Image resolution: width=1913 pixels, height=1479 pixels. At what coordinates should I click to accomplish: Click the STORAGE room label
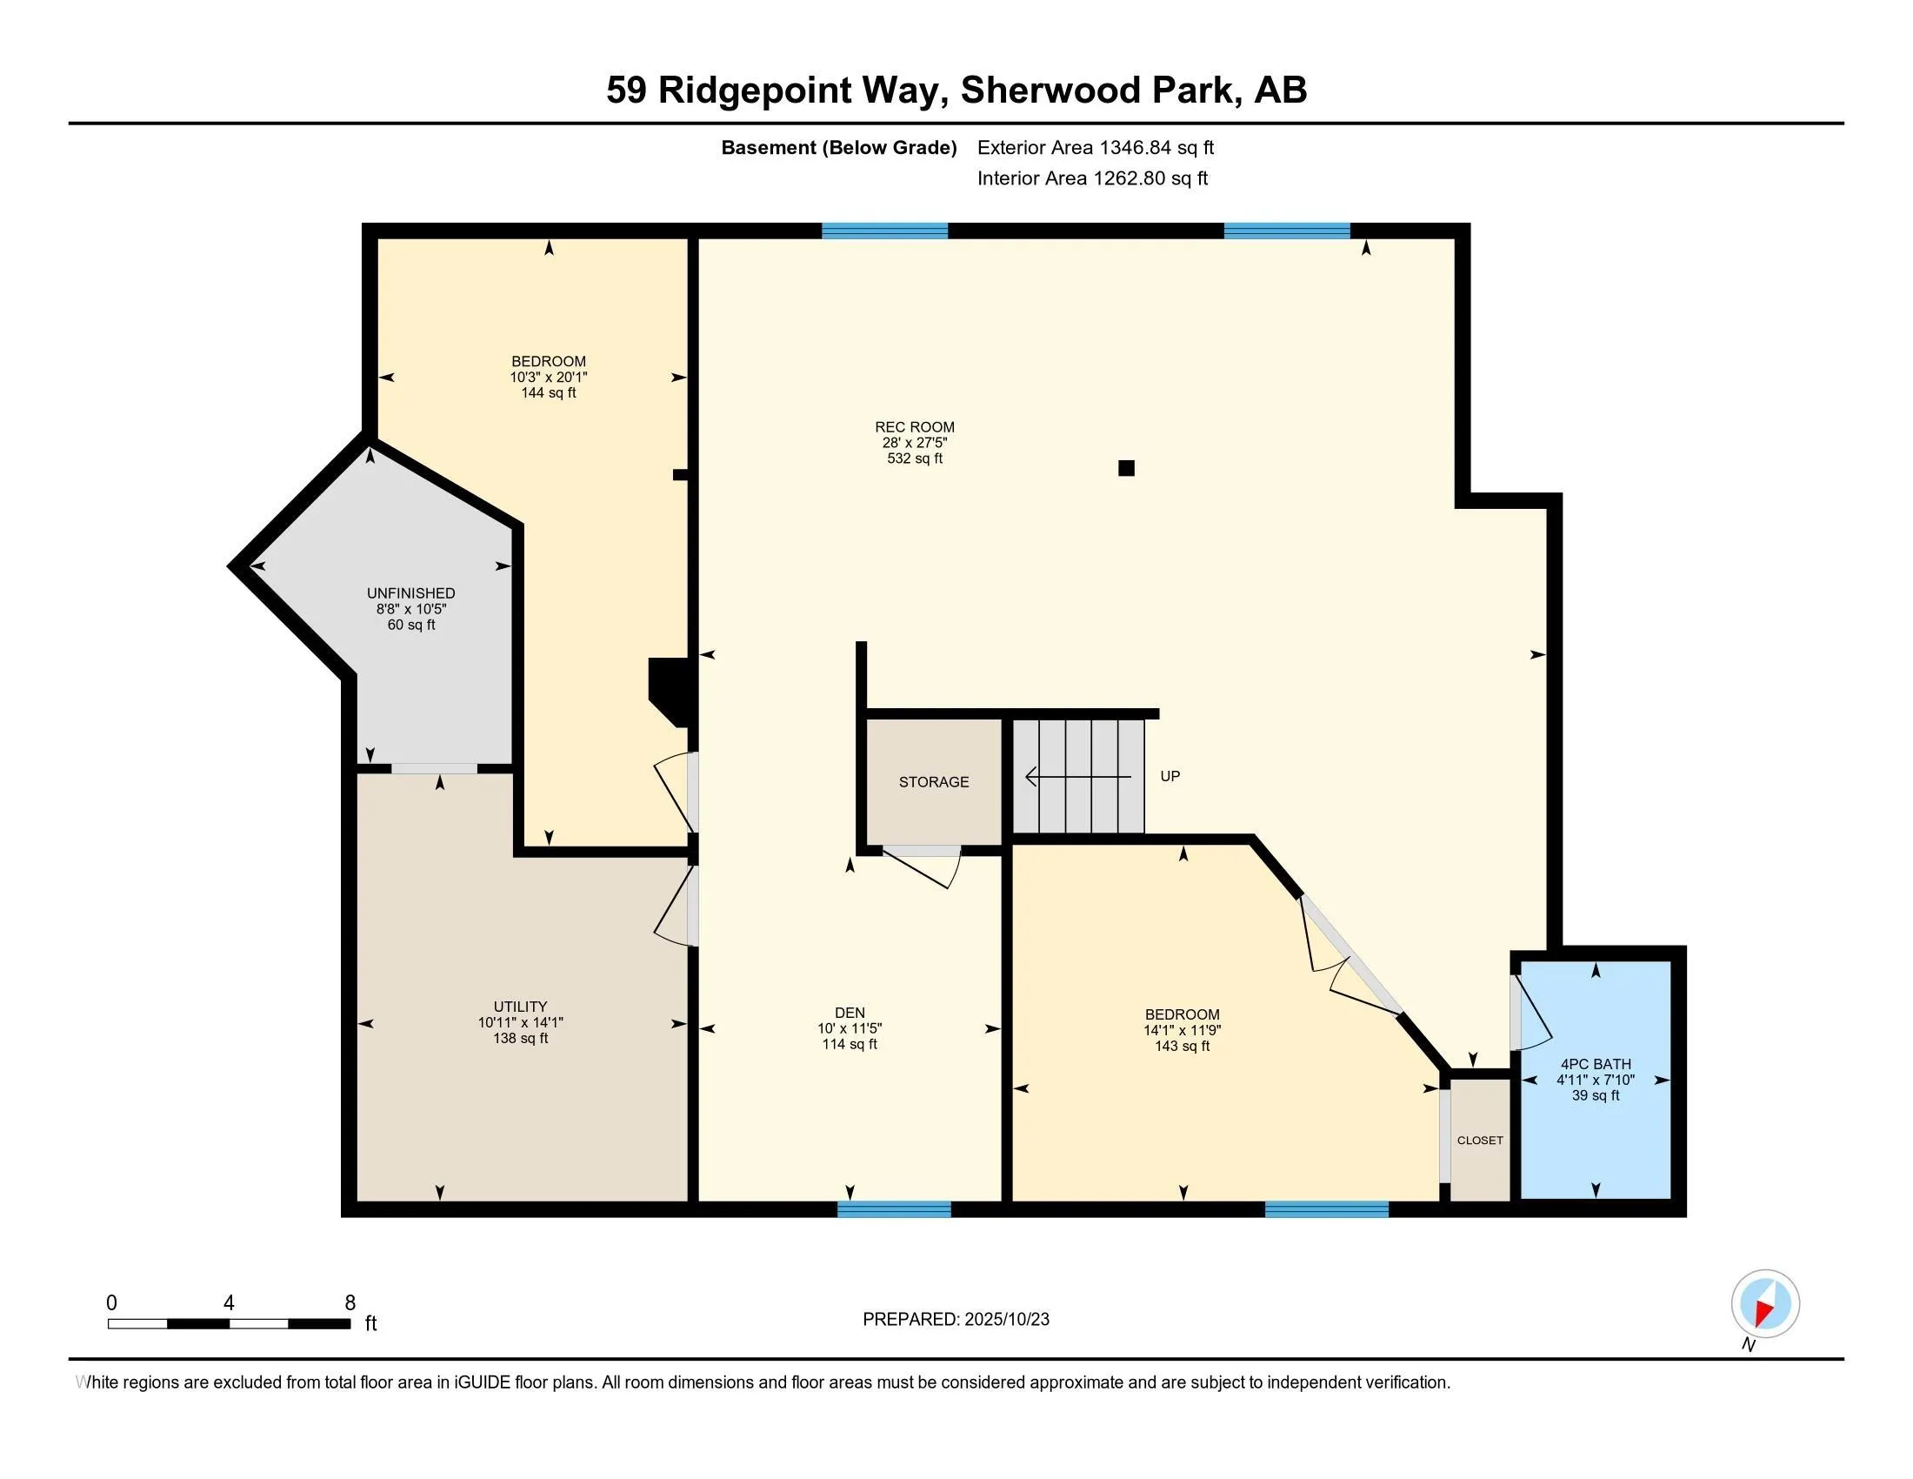(933, 781)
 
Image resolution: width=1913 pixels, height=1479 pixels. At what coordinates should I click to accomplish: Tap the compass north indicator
(1765, 1303)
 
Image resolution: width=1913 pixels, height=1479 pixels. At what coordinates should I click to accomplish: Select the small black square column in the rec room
(1126, 468)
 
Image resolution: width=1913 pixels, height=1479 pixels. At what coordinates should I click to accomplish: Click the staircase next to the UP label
(1079, 776)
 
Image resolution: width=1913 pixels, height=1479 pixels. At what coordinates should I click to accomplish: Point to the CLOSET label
(1479, 1140)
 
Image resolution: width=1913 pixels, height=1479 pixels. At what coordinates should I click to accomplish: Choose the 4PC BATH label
(1595, 1064)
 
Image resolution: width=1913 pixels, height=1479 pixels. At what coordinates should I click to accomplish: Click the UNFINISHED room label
(410, 593)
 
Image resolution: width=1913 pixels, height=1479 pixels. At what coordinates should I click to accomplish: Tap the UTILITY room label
(520, 1007)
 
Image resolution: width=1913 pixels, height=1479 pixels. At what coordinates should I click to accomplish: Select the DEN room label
(850, 1013)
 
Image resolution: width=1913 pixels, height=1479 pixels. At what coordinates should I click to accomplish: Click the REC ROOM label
(915, 427)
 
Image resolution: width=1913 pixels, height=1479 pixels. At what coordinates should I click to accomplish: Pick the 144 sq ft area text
(549, 392)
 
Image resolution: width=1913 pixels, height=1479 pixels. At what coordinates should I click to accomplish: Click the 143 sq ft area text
(1182, 1046)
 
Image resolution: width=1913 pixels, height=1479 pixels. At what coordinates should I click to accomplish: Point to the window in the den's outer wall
(893, 1209)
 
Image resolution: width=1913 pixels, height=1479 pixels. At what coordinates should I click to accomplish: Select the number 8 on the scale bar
(350, 1302)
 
